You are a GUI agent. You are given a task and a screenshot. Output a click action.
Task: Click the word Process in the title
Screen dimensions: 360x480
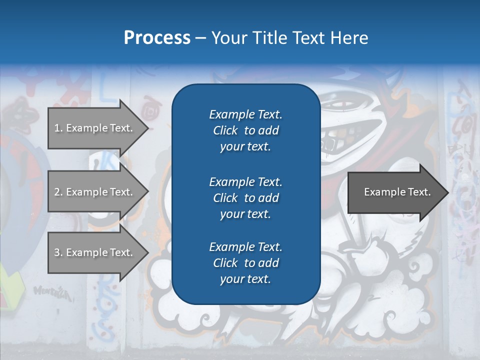(157, 38)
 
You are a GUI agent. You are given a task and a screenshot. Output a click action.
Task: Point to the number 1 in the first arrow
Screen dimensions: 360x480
(57, 128)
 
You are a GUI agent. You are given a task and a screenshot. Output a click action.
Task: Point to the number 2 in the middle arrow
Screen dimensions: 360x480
(57, 192)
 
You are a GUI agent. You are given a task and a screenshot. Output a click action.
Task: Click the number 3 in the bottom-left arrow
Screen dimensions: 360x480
(57, 252)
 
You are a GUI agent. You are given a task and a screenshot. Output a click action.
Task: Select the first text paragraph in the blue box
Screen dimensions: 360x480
(245, 130)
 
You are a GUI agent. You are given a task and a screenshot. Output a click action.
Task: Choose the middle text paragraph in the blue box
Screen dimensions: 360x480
(245, 198)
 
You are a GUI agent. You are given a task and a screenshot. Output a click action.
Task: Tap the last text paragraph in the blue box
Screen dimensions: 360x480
(245, 263)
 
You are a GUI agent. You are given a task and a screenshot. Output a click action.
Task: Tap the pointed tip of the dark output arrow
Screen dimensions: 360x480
(446, 192)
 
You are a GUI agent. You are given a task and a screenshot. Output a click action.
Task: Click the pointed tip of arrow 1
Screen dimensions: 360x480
(146, 128)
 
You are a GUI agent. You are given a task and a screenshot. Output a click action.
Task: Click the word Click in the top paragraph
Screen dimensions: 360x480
(225, 130)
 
